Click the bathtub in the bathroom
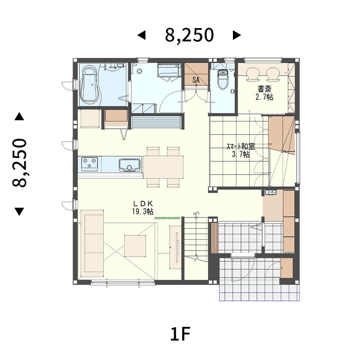pos(90,84)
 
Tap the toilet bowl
pos(223,80)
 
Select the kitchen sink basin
pos(130,165)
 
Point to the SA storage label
pos(196,80)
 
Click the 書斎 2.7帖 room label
pos(264,93)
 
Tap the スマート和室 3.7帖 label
pos(240,150)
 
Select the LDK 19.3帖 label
pos(143,208)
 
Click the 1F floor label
pos(180,334)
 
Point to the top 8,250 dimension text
pos(189,35)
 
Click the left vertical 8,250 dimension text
pos(20,163)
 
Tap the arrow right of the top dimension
pos(237,35)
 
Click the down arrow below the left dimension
pos(19,211)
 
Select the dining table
pos(163,167)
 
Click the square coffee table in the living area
pos(135,246)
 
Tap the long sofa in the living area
pos(91,243)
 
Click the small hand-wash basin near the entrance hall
pos(271,192)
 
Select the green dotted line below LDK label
pos(167,218)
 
